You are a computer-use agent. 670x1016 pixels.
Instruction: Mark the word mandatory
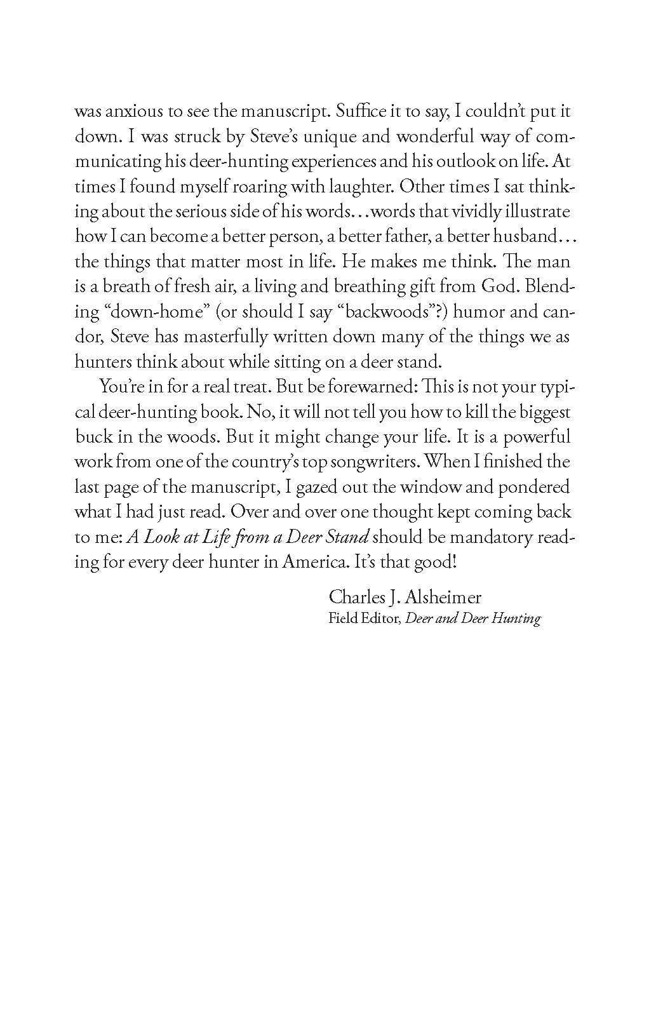click(x=484, y=537)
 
